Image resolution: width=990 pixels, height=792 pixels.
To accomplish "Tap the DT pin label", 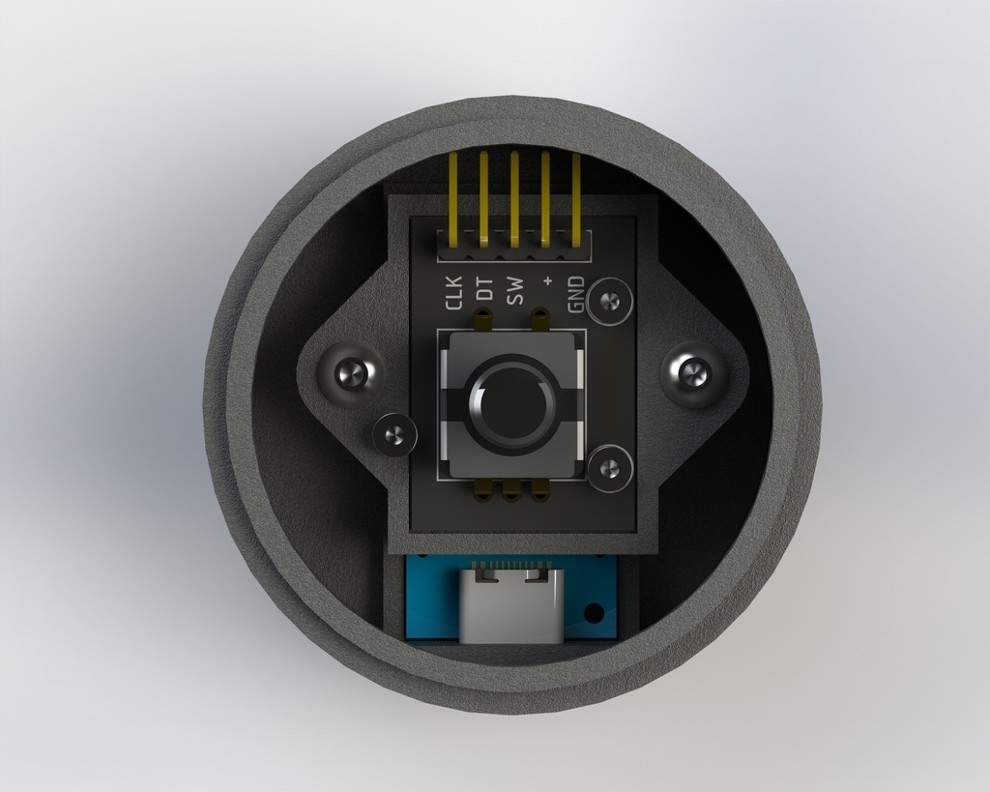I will (x=484, y=288).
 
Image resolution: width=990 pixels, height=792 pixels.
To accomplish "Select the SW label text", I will (x=515, y=290).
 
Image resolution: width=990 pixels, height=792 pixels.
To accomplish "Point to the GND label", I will (x=576, y=295).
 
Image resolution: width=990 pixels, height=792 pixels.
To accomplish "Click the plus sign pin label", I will (x=547, y=281).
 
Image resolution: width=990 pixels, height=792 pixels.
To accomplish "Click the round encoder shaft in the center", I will (x=511, y=404).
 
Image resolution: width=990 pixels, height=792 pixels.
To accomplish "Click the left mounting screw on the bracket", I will (x=352, y=372).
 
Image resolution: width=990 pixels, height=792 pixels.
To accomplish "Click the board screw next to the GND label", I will (x=609, y=301).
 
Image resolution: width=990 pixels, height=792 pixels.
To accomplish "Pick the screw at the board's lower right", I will (x=609, y=469).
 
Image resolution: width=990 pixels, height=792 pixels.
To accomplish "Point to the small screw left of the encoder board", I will (x=394, y=435).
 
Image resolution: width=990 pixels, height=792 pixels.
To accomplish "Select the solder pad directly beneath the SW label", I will (x=540, y=315).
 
